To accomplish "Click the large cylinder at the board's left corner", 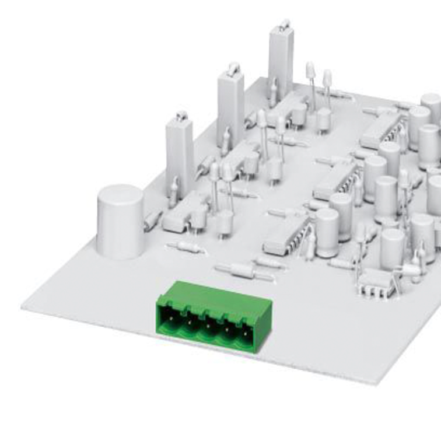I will tap(120, 222).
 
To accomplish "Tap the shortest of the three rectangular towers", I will tap(179, 152).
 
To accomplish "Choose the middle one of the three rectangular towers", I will tap(230, 108).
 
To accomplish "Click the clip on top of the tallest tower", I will tap(284, 25).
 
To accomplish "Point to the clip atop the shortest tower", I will tap(181, 116).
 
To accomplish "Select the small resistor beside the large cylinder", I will tap(153, 219).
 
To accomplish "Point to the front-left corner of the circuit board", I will tap(23, 307).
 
